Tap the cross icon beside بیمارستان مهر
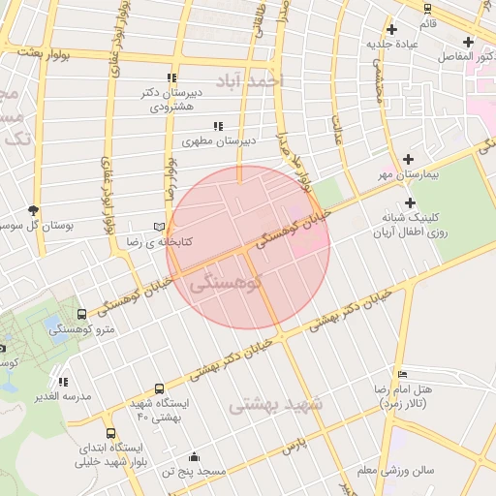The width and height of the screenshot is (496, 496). coord(408,159)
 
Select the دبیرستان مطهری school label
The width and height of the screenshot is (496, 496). coord(222,141)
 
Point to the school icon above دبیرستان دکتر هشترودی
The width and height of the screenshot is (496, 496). coord(171,77)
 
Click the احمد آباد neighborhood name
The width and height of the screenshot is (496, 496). coord(248,81)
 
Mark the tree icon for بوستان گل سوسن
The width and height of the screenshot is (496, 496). coord(34,210)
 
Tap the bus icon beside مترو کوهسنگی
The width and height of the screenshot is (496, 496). coord(80,314)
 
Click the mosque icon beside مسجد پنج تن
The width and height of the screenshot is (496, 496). coord(195,457)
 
